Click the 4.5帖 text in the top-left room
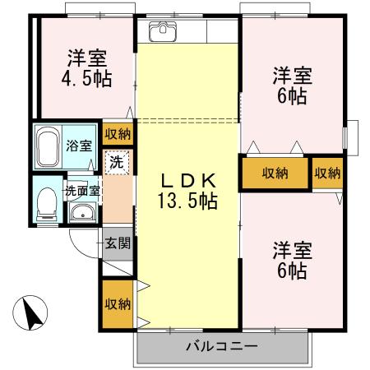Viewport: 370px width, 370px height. pos(87,81)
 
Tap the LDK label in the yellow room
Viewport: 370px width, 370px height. pos(187,179)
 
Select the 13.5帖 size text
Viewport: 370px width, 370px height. pos(187,199)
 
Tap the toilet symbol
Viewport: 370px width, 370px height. pos(47,202)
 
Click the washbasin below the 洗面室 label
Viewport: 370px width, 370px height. pos(82,213)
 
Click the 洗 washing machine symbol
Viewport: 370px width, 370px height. pos(117,162)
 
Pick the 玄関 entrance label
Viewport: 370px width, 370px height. pos(117,243)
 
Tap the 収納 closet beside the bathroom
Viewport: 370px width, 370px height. pos(117,133)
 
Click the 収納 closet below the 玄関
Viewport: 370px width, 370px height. pos(117,303)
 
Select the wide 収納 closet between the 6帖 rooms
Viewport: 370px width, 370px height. pos(275,173)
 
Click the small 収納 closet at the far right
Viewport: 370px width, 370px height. pos(328,173)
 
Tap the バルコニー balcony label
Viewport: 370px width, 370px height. pos(222,345)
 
